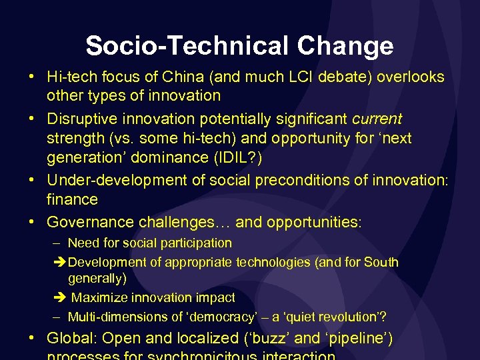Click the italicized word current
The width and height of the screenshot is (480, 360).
click(377, 119)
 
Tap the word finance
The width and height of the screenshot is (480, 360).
click(72, 199)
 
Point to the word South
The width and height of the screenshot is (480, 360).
click(381, 262)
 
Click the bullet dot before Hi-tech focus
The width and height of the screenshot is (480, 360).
click(33, 77)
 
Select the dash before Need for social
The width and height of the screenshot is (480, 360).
click(58, 243)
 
